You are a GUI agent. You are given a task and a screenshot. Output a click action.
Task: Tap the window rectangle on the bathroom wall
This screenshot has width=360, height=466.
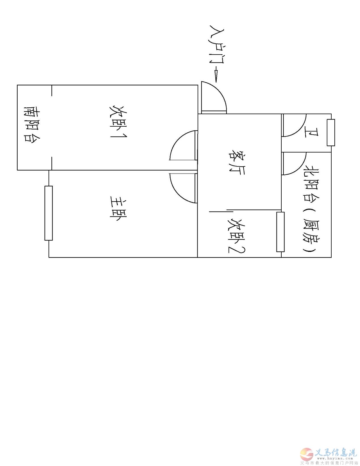(x=331, y=133)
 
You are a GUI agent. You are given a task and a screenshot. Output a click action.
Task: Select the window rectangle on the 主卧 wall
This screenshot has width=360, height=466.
(x=49, y=213)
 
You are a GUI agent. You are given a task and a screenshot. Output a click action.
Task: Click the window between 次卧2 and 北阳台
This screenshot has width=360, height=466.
(x=280, y=232)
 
